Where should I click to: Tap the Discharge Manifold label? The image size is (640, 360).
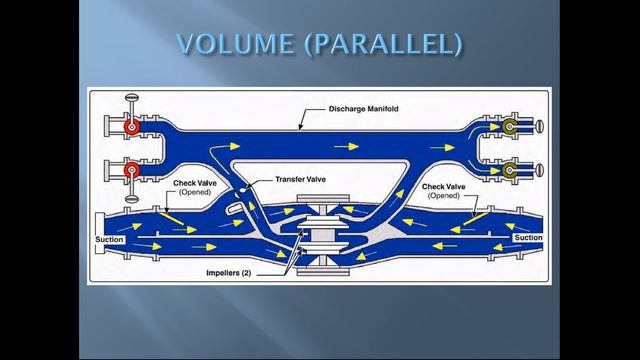coord(371,108)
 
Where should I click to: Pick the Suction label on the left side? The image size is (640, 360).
coord(109,240)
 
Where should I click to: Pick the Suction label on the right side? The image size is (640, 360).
coord(527,238)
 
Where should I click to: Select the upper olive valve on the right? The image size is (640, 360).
coord(510,128)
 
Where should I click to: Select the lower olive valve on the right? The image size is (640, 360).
coord(510,171)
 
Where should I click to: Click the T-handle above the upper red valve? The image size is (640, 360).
coord(130,99)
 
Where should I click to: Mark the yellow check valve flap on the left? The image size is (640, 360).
coord(167,214)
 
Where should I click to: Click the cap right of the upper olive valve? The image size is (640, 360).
coord(540,128)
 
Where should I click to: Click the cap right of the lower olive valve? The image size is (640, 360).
coord(540,171)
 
